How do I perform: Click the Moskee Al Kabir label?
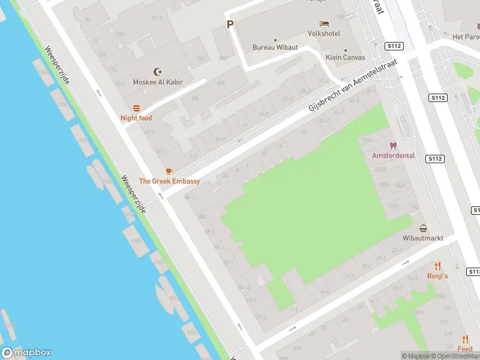(158, 82)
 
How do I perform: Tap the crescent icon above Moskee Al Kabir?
(158, 71)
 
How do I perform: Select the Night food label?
(136, 118)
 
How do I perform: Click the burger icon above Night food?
(136, 108)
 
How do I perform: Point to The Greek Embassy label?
(169, 181)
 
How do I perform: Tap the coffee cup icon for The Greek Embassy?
(169, 171)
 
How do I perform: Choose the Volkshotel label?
(324, 34)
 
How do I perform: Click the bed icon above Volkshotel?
(324, 24)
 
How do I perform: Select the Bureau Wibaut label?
(275, 47)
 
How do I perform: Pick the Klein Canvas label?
(345, 58)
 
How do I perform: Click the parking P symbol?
(229, 25)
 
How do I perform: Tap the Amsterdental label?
(394, 155)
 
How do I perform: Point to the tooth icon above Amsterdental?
(394, 145)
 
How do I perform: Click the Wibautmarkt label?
(424, 238)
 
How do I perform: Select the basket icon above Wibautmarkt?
(424, 228)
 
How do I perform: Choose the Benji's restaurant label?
(437, 276)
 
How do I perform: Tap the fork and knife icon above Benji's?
(437, 266)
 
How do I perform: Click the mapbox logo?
(26, 352)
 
